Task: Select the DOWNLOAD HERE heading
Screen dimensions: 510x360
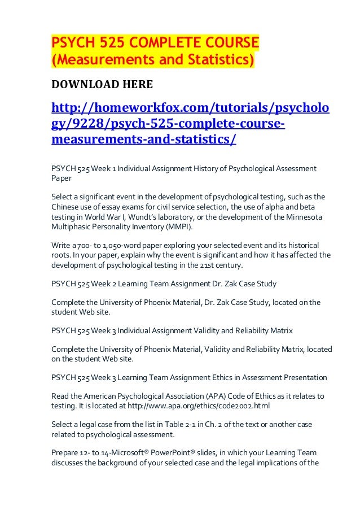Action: [x=102, y=85]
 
